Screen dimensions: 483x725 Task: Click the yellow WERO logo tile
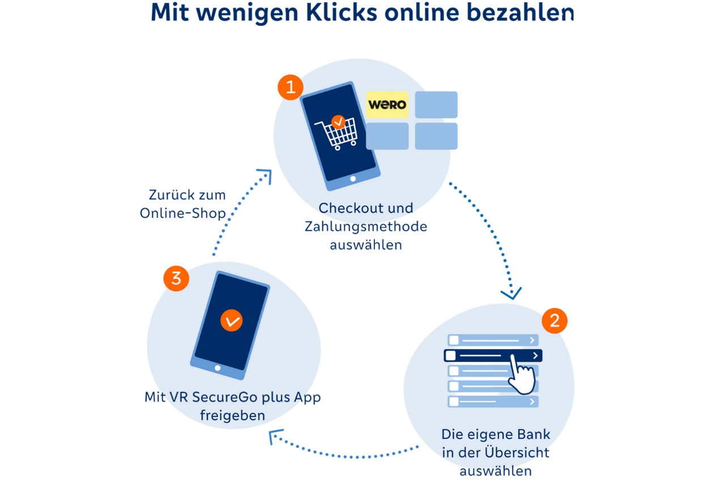(387, 105)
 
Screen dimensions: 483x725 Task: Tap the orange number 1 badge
(291, 87)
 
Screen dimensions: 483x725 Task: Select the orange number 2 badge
(555, 321)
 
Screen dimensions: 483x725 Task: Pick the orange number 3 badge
(176, 278)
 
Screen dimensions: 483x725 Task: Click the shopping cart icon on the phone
(338, 133)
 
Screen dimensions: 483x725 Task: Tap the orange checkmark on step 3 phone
(231, 320)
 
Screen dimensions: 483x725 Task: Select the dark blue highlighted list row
(492, 355)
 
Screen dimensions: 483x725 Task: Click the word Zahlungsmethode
(366, 227)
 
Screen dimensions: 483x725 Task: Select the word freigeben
(232, 416)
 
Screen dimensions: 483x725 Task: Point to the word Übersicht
(517, 453)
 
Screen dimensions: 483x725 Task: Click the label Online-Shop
(182, 213)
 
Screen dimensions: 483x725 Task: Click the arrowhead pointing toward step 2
(511, 294)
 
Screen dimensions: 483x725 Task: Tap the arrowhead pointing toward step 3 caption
(276, 435)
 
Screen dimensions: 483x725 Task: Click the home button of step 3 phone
(217, 368)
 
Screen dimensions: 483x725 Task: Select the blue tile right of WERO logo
(436, 105)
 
